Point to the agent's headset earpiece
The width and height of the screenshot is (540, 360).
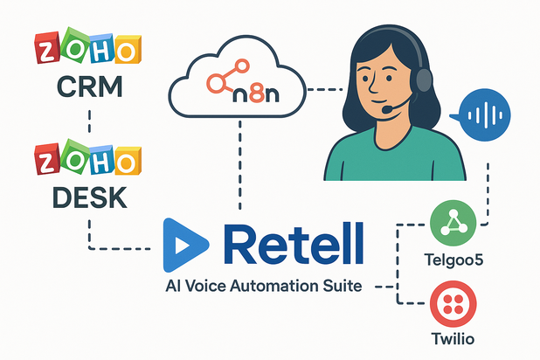(423, 80)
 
